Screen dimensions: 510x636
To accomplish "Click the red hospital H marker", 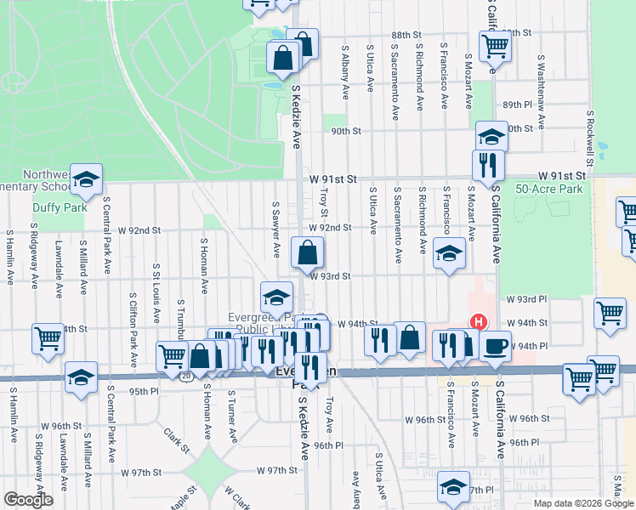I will click(479, 322).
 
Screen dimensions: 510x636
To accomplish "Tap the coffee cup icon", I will click(494, 344).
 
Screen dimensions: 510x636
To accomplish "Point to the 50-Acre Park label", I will click(549, 189).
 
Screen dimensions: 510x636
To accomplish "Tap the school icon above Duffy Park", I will click(86, 178).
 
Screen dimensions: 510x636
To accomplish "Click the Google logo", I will click(29, 501).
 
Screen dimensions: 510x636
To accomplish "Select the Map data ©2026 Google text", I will click(582, 503).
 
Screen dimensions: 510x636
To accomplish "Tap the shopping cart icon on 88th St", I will click(494, 46).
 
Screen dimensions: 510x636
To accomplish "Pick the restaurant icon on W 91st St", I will click(488, 164).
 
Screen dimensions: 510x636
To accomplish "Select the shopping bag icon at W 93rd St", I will click(307, 252).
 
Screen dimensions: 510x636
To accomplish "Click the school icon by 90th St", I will click(491, 136).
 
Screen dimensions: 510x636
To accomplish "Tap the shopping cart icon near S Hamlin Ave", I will click(48, 338).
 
